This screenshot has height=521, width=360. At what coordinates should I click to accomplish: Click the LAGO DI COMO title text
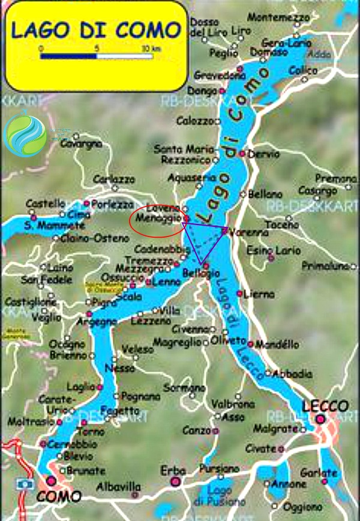tap(95, 30)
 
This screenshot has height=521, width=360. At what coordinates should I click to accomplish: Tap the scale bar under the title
tap(97, 56)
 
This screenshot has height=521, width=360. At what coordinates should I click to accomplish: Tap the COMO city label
tap(59, 496)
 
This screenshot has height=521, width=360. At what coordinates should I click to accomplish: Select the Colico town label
tap(303, 71)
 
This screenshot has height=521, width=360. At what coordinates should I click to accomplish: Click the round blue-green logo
tap(25, 134)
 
